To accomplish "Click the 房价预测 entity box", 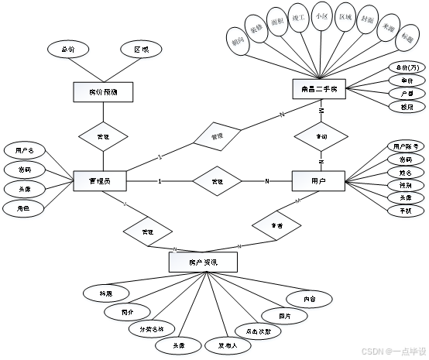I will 104,92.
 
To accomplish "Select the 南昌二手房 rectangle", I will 318,89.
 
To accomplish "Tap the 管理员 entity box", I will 100,180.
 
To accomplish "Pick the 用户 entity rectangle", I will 318,180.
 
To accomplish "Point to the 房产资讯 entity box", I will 203,262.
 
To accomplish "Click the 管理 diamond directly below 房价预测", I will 103,135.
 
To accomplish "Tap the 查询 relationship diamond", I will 321,135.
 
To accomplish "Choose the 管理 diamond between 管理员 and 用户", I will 218,180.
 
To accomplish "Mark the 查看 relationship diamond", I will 276,225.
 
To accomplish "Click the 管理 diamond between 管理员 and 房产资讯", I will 148,231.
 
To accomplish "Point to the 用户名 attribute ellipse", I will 26,150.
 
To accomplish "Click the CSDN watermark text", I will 393,350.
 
